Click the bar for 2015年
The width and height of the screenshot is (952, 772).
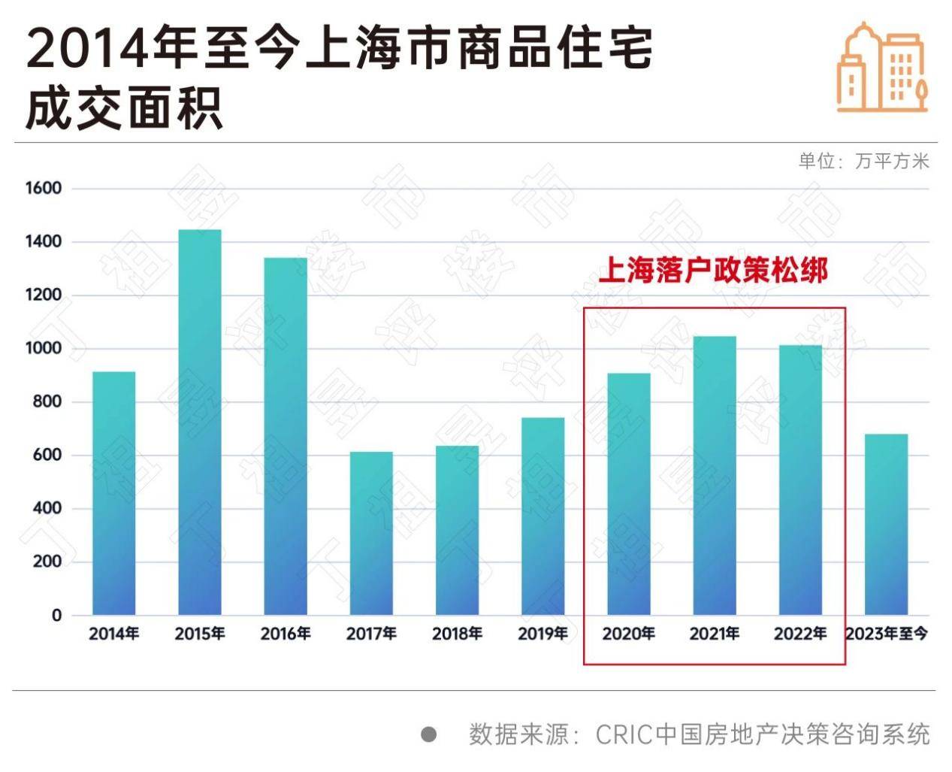(200, 422)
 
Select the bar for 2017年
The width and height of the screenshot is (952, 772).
(371, 533)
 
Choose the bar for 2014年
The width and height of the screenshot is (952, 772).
(114, 493)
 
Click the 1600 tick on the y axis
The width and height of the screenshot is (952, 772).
(44, 189)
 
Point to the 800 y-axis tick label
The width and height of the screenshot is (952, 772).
(47, 402)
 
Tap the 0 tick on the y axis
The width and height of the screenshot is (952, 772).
(56, 616)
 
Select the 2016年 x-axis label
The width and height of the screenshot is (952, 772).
(286, 634)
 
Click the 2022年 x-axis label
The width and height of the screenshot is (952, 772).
(800, 634)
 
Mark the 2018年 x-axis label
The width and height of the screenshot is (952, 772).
(457, 634)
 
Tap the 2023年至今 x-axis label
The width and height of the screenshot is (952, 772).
(887, 634)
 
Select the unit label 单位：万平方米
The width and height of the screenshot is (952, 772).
(863, 161)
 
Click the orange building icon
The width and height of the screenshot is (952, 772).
(882, 68)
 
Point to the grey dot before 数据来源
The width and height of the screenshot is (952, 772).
(428, 734)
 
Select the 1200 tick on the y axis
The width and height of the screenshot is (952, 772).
(44, 295)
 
